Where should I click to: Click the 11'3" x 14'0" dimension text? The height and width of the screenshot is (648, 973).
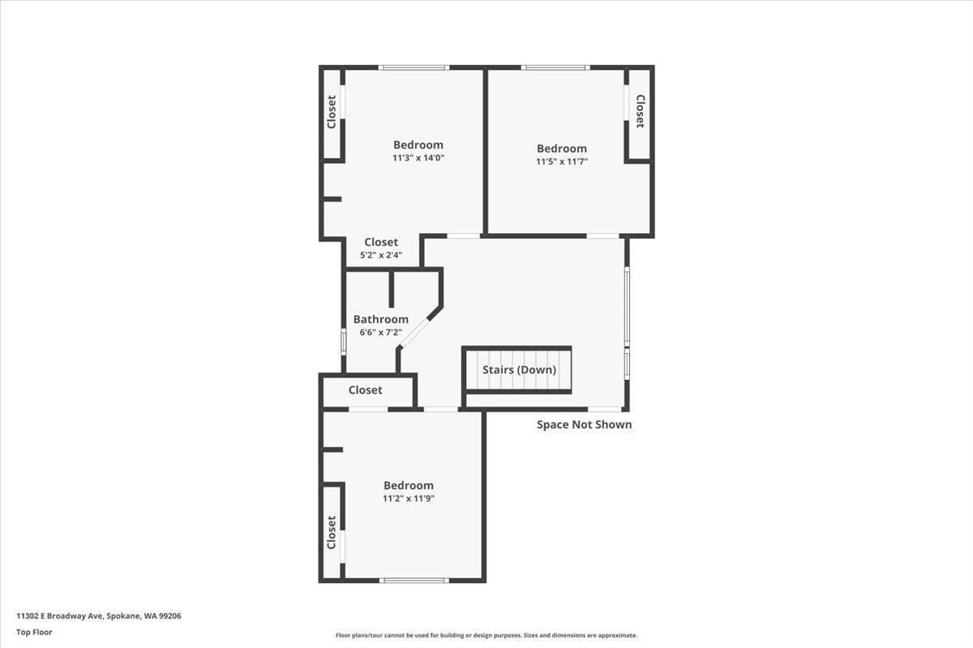(x=418, y=159)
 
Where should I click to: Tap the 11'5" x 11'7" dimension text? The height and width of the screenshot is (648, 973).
(x=561, y=162)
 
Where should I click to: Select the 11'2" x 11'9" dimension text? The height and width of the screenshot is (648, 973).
(x=409, y=499)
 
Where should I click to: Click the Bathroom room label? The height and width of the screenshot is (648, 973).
(x=380, y=319)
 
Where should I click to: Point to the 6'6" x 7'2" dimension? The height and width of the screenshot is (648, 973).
(x=380, y=333)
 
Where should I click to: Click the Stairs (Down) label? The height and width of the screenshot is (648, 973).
(x=519, y=370)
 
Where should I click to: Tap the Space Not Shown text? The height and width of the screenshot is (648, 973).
(x=584, y=424)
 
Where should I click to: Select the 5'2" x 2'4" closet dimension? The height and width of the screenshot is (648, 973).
(x=380, y=255)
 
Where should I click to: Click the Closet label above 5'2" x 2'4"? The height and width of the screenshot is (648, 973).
(x=380, y=242)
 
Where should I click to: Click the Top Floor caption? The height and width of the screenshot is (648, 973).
(x=34, y=632)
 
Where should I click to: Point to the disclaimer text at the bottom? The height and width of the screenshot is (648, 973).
(x=486, y=636)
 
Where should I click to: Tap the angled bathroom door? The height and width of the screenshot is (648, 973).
(x=418, y=330)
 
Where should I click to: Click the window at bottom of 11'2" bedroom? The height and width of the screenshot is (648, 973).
(x=414, y=580)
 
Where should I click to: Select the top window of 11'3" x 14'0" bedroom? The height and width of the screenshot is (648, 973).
(x=414, y=67)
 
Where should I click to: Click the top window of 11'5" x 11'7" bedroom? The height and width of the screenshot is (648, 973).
(x=555, y=67)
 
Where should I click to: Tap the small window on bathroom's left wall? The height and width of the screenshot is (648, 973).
(x=343, y=339)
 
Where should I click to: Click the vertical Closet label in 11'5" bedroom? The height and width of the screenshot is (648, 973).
(x=639, y=112)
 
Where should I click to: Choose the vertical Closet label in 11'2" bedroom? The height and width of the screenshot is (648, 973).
(x=332, y=532)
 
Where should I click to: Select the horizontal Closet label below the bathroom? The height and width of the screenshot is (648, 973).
(x=365, y=390)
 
